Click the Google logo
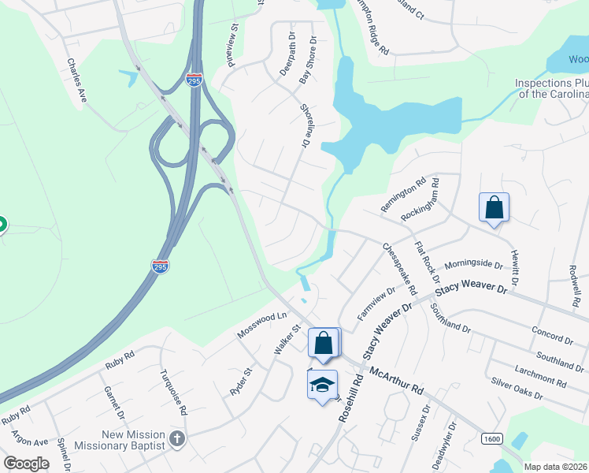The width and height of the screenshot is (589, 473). (x=27, y=464)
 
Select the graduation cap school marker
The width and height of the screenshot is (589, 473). (x=322, y=385)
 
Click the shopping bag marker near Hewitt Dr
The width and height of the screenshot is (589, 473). (x=494, y=208)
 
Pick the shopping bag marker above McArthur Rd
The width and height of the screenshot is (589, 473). (x=323, y=344)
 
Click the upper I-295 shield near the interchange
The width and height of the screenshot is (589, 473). (x=194, y=80)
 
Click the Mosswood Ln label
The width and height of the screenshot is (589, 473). (x=261, y=326)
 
